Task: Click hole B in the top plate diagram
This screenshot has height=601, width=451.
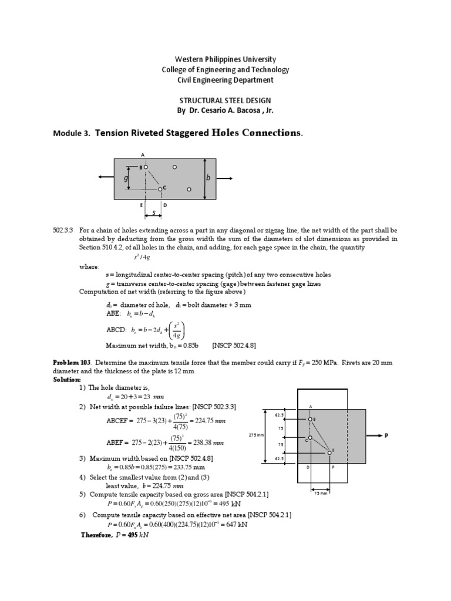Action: [x=146, y=167]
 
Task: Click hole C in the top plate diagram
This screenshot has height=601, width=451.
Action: [x=160, y=189]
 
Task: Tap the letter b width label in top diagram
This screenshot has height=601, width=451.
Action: [x=207, y=178]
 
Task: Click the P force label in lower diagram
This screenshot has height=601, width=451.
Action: [x=386, y=436]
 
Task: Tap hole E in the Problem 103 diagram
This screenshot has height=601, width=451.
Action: [x=329, y=453]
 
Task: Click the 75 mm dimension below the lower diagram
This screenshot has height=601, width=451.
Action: [x=320, y=493]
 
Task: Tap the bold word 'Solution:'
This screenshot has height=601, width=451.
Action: [x=66, y=380]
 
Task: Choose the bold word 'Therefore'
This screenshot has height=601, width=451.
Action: [x=99, y=535]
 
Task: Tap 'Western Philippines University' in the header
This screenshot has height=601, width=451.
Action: [x=225, y=60]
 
